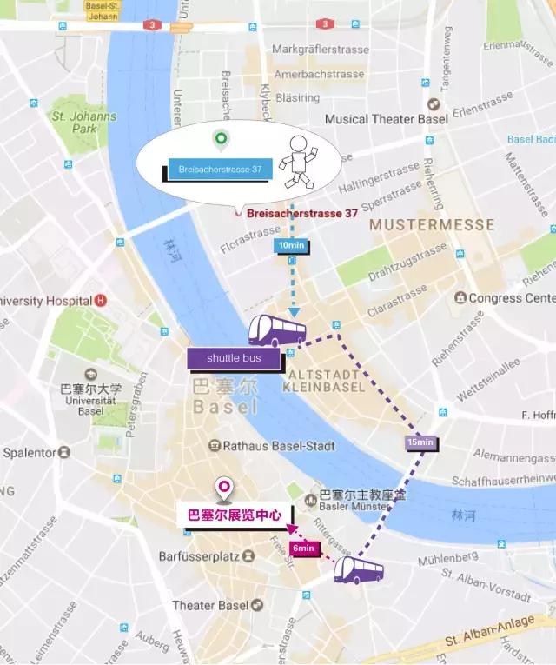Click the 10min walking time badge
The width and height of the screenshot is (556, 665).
(x=291, y=246)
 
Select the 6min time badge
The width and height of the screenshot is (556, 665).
(x=304, y=548)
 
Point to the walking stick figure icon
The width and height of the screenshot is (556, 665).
(x=301, y=163)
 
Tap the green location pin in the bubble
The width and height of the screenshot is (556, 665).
(x=221, y=138)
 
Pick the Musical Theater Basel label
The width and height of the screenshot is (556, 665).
(x=382, y=119)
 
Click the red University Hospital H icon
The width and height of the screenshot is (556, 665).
(x=101, y=301)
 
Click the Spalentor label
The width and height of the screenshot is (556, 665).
(x=33, y=453)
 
